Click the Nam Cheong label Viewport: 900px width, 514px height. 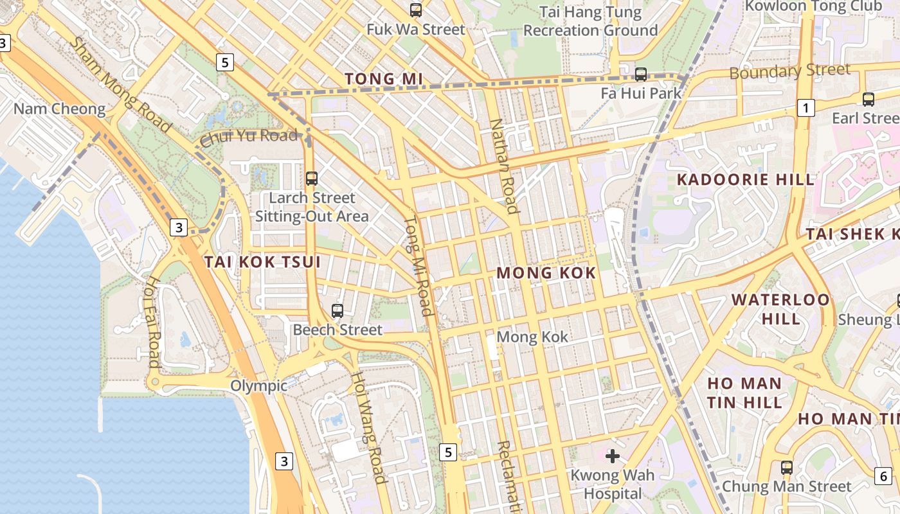[59, 109]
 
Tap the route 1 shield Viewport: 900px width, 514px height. [806, 108]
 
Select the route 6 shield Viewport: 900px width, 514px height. [883, 476]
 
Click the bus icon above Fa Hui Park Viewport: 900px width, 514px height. [641, 74]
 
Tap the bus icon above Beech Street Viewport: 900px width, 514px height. [337, 311]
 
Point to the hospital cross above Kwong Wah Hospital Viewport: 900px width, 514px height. [613, 456]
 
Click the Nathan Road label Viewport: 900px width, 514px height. [504, 166]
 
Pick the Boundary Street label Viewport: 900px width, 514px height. [789, 71]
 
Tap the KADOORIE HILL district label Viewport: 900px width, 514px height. [746, 180]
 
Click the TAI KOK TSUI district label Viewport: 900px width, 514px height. [262, 261]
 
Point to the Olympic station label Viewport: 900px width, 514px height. [259, 386]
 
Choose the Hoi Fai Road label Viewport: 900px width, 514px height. [152, 322]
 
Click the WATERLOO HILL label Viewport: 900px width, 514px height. [780, 309]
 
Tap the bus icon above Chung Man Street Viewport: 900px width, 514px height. [787, 468]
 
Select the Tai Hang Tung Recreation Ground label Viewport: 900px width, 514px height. [590, 21]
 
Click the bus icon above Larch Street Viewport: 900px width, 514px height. [312, 179]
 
